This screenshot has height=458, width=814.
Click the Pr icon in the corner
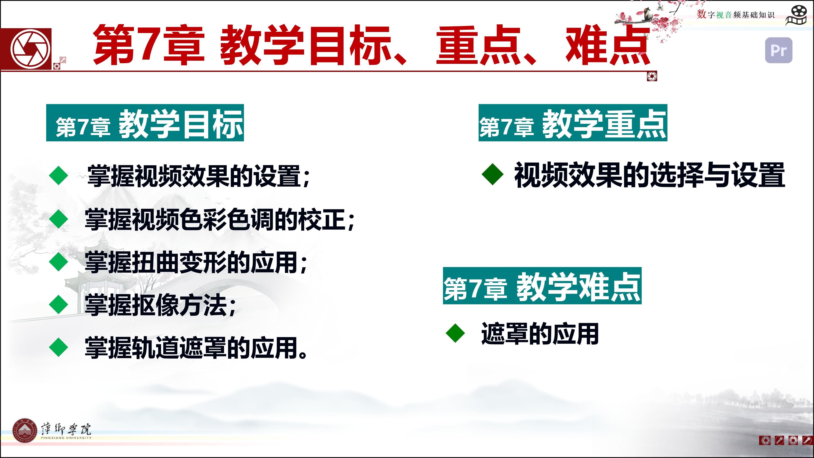[779, 50]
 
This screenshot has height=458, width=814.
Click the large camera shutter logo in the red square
[31, 49]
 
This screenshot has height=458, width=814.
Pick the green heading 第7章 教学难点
[542, 286]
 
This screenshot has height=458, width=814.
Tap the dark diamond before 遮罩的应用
[455, 333]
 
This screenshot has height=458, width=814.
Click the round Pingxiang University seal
[25, 430]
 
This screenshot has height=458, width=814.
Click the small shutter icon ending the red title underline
[652, 76]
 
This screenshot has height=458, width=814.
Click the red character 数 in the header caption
[701, 14]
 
